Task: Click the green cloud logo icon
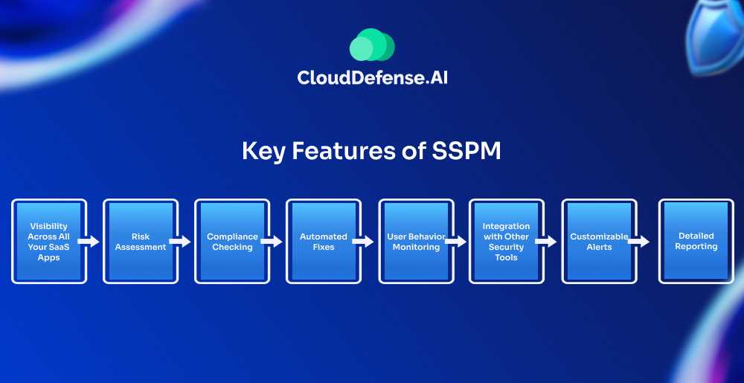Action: (x=372, y=45)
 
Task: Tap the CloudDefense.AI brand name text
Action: (x=372, y=78)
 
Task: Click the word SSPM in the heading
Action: (x=466, y=151)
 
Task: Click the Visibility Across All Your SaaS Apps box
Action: (x=49, y=241)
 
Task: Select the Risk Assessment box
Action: (x=141, y=241)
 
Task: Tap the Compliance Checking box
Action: (x=232, y=241)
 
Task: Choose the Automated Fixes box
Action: (x=324, y=241)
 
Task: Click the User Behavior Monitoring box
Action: (x=416, y=241)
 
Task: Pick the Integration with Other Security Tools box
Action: (x=506, y=241)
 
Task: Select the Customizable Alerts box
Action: (x=599, y=241)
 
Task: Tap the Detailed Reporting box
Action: (x=696, y=241)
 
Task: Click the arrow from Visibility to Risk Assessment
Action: (x=89, y=242)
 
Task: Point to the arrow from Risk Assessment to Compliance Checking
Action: (x=180, y=242)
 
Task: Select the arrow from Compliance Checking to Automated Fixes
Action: (x=272, y=242)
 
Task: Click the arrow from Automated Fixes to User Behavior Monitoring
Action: (x=363, y=242)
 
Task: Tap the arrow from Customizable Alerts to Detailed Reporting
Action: (x=638, y=242)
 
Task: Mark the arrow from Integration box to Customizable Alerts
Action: (x=545, y=242)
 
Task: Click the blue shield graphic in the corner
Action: (x=717, y=33)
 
